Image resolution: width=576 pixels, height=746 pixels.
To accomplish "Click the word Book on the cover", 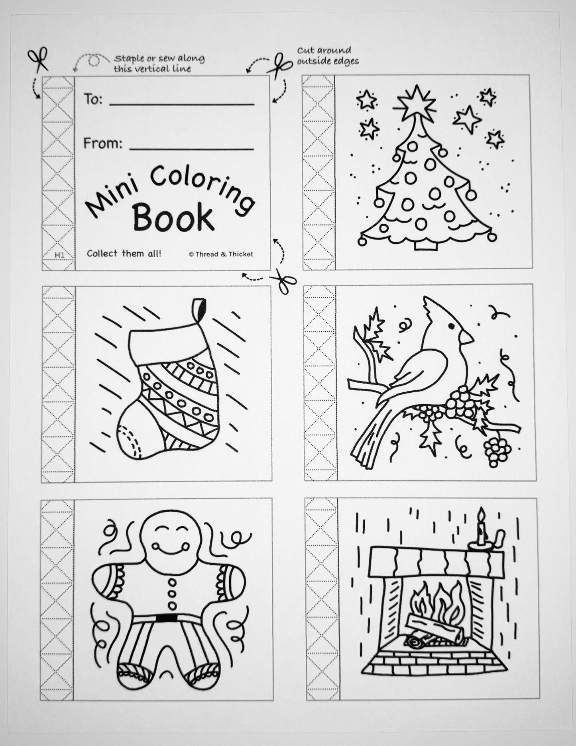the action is (x=173, y=217).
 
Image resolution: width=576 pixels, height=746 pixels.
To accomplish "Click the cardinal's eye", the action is (x=451, y=326).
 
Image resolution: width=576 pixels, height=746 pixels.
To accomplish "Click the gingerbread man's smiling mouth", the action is (x=168, y=550).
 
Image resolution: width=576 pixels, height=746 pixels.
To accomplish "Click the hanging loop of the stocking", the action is (x=199, y=310).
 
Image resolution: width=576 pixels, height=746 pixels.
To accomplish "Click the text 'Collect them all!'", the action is (x=124, y=253).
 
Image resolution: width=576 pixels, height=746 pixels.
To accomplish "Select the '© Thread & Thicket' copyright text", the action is (x=221, y=254).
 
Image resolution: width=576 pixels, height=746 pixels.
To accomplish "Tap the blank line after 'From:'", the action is (x=192, y=149).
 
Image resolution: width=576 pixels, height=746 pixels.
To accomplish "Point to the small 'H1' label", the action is (x=59, y=255).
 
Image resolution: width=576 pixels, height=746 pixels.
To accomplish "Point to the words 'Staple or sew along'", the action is (x=159, y=59).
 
